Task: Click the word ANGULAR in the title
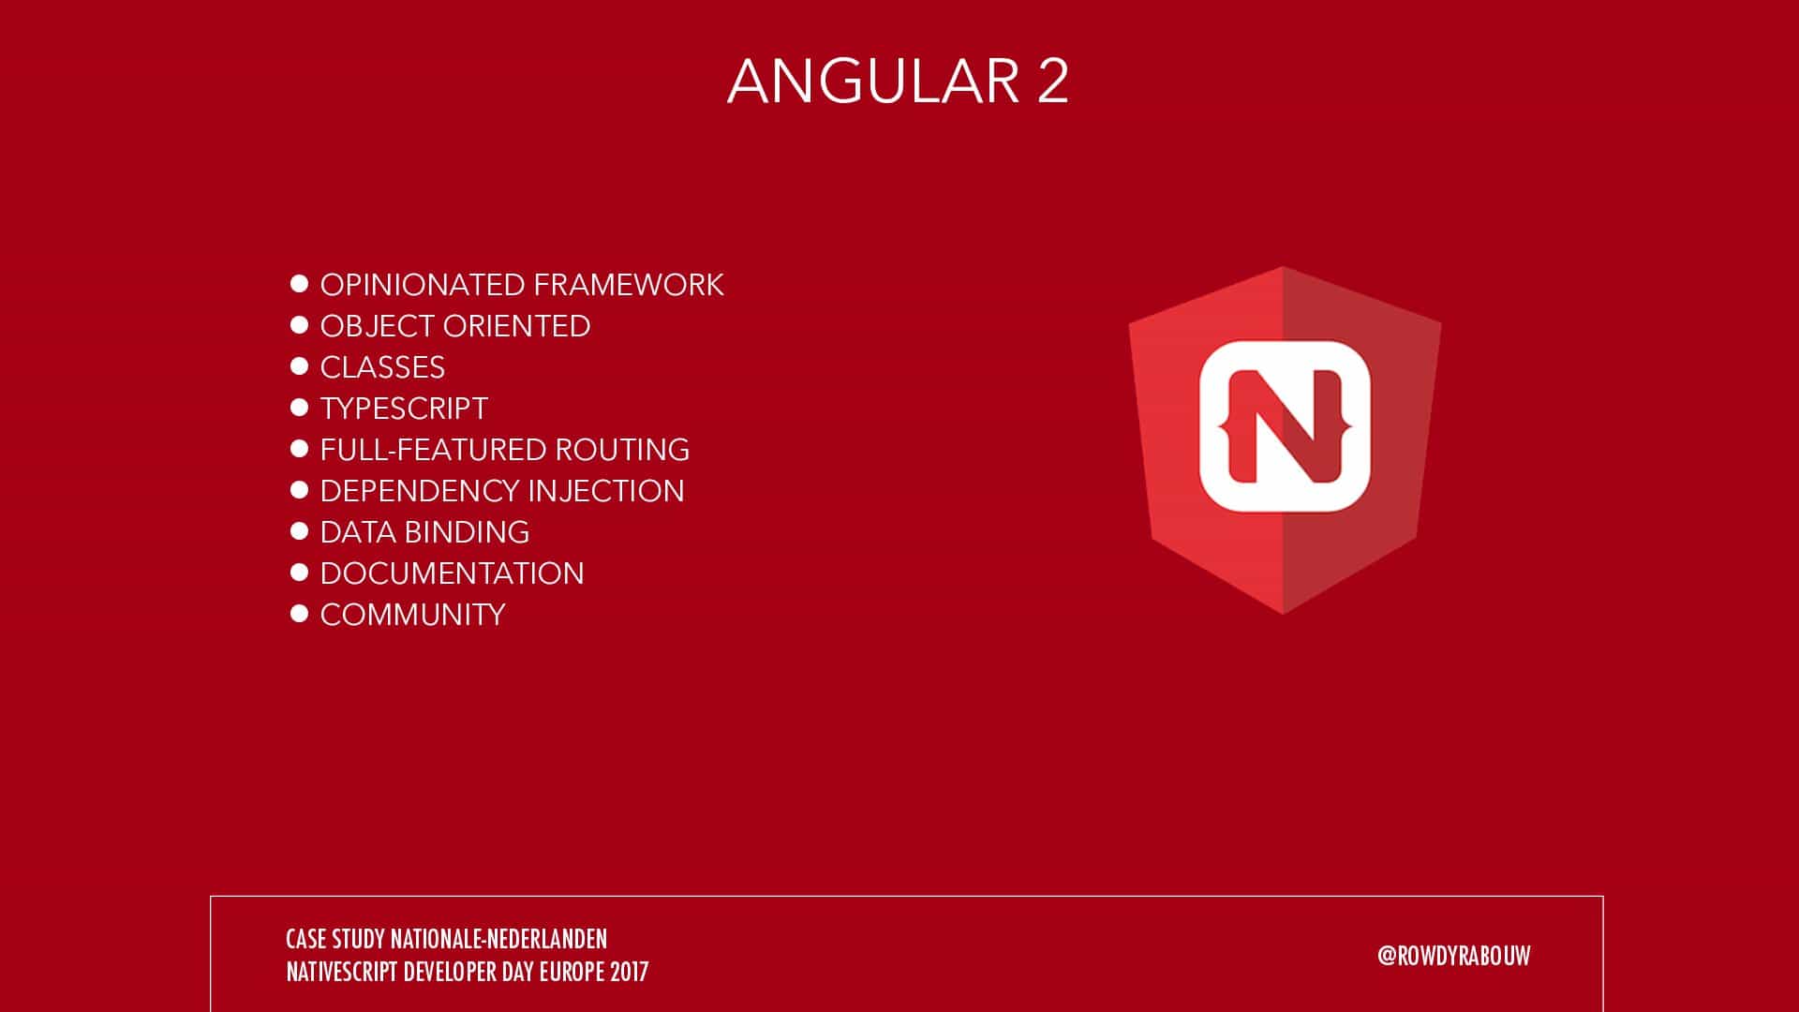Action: [x=873, y=81]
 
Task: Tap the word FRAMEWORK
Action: [x=629, y=285]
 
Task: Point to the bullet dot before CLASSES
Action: [x=300, y=366]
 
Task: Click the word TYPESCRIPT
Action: [x=404, y=409]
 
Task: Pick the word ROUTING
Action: [x=622, y=450]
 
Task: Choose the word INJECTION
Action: [x=606, y=491]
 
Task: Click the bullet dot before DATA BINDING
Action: [x=300, y=531]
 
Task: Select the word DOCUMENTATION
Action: [x=452, y=573]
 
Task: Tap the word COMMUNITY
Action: [x=412, y=615]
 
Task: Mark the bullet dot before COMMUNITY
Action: [x=300, y=614]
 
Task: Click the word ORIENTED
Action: [x=516, y=326]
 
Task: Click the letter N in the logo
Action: [x=1285, y=426]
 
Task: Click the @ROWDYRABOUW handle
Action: [x=1454, y=956]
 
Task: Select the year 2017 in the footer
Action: [x=629, y=972]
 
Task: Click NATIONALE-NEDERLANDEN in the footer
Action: [x=498, y=939]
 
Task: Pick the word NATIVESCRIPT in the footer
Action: [x=343, y=972]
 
